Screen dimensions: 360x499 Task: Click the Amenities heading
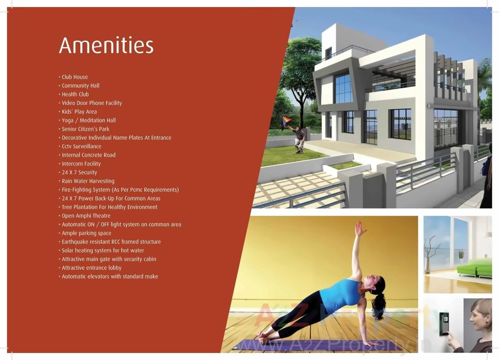[106, 45]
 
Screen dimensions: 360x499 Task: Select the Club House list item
[74, 77]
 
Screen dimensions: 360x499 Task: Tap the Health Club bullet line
[75, 94]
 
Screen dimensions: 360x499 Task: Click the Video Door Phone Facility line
[92, 103]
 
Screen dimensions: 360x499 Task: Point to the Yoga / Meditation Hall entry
[88, 121]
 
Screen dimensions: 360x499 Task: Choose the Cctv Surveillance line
[81, 147]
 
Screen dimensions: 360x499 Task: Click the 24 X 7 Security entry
[79, 172]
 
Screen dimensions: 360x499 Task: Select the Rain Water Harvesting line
[88, 181]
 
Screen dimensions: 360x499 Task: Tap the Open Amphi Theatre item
[86, 216]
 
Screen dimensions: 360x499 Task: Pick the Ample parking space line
[86, 233]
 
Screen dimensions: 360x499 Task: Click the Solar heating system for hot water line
[103, 250]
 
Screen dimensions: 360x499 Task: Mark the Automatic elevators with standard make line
[110, 277]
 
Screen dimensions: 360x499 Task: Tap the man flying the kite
[299, 139]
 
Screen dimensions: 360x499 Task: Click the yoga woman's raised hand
[360, 229]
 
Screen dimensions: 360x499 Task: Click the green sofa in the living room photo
[475, 268]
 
